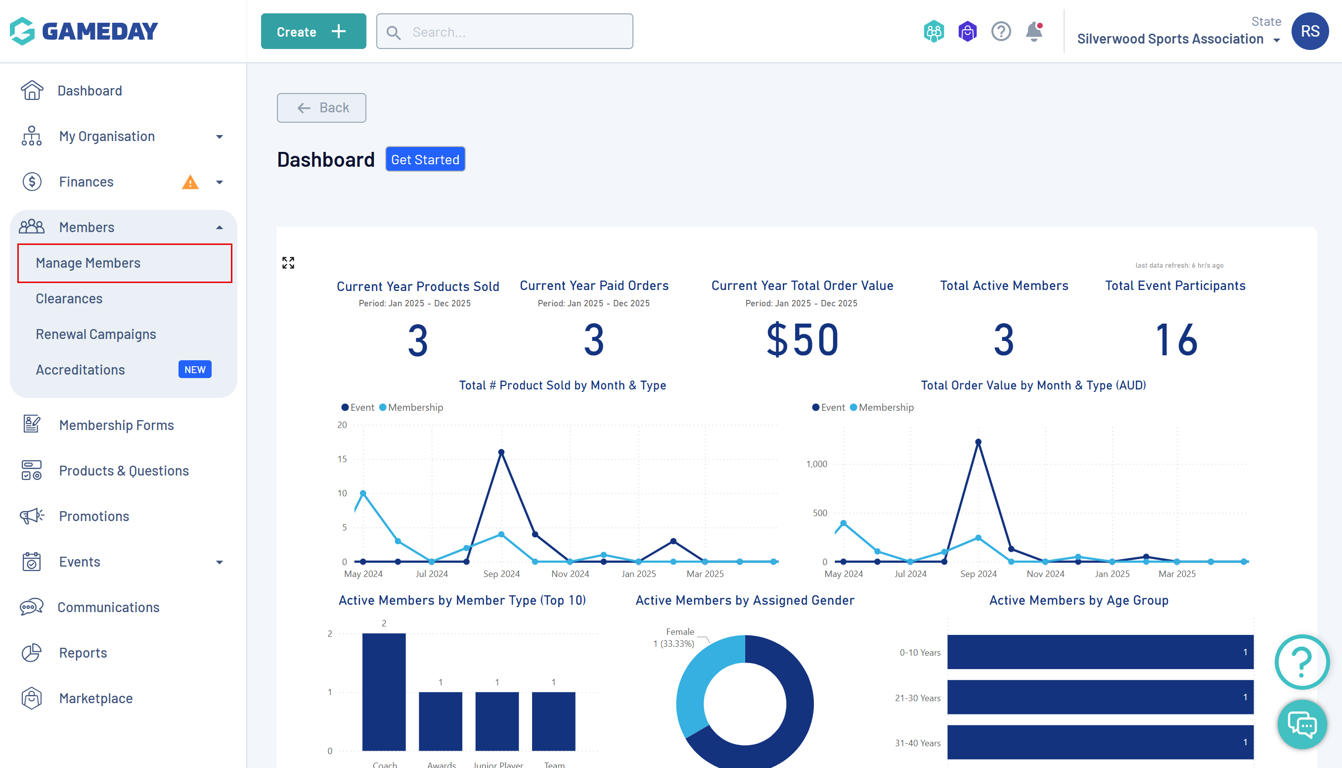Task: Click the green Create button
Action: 313,32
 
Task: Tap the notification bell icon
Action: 1033,32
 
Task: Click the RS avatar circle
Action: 1309,32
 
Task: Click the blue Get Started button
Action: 425,159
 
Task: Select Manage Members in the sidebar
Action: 88,263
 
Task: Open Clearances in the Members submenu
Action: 69,298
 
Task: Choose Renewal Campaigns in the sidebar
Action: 96,334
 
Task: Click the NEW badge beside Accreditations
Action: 194,369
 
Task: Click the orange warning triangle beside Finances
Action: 190,183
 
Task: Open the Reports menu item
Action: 83,653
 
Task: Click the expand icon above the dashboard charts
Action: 288,263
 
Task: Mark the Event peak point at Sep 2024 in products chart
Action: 501,452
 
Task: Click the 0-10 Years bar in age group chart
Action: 1100,652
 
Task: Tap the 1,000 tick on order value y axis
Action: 816,464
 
